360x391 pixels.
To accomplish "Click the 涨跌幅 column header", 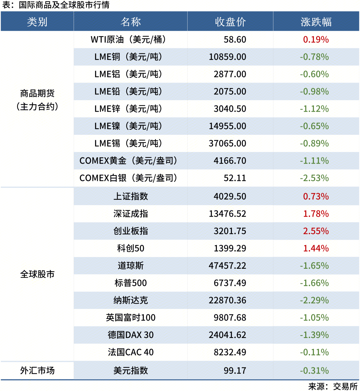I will coord(316,22).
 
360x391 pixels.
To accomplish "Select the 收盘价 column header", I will coord(230,22).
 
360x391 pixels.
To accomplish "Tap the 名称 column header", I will coord(131,22).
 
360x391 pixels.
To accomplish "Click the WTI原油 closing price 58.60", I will coord(235,40).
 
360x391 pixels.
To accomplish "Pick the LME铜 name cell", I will coord(128,57).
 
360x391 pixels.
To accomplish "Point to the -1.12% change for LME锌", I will coord(314,109).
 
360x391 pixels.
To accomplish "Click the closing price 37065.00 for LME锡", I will coord(227,143).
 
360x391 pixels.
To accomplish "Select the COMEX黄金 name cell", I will coord(128,161).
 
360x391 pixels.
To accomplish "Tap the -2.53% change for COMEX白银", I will coord(314,178).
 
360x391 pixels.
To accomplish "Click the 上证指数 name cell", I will coord(131,196).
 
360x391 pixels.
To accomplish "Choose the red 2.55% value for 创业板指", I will coord(316,231).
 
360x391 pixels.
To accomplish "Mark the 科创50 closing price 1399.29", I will coord(230,249).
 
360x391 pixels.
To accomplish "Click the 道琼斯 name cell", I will coord(131,266).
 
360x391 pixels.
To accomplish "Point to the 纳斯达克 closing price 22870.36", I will coord(227,300).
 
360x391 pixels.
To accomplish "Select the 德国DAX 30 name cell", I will coord(131,335).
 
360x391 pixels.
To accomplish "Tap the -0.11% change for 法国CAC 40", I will coord(314,352).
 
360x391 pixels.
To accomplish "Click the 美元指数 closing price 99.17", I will coord(235,370).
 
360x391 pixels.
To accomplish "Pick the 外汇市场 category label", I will coord(37,370).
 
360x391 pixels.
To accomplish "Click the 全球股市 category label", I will coord(37,274).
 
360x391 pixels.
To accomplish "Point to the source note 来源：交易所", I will coord(333,386).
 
